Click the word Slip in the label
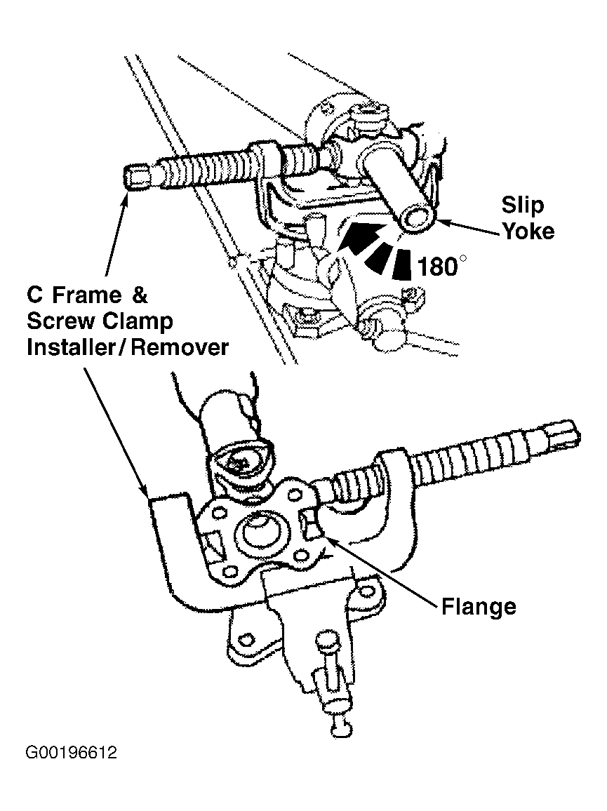pos(522,206)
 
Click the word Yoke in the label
pos(528,231)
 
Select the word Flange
pos(479,607)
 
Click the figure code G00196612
pos(71,752)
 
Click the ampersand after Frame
pos(139,295)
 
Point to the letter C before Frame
pos(34,295)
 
